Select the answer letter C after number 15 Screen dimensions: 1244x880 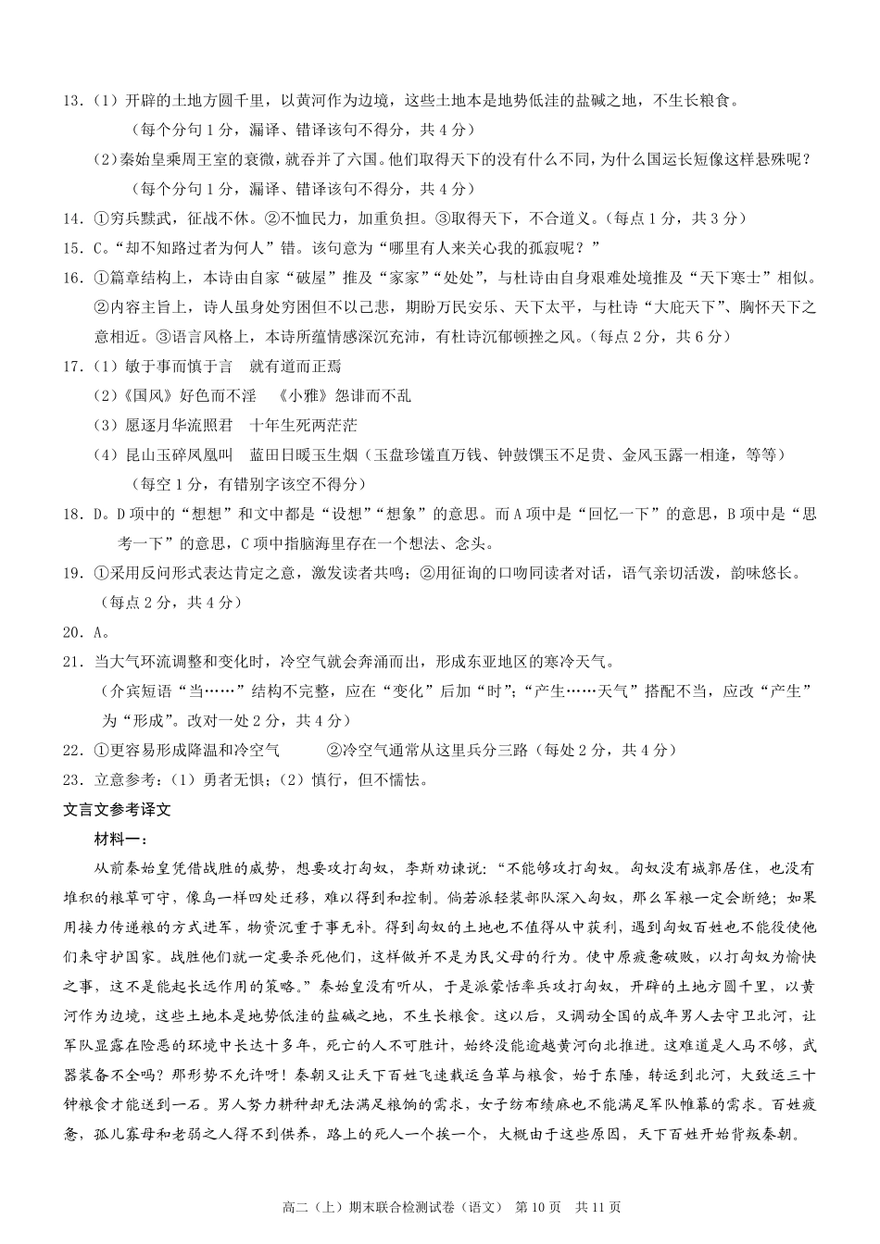[98, 248]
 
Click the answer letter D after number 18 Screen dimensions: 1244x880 [98, 515]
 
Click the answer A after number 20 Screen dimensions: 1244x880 [98, 633]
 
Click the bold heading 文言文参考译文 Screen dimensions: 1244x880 [118, 809]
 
